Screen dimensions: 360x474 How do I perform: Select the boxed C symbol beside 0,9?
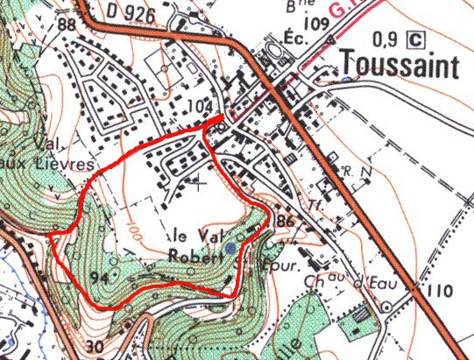[417, 39]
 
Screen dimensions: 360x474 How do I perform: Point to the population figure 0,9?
[386, 39]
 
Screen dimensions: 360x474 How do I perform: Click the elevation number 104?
[202, 106]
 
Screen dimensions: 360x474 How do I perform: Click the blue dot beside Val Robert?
[230, 249]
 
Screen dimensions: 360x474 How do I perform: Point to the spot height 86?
[284, 220]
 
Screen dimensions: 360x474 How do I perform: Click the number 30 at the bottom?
[96, 347]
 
